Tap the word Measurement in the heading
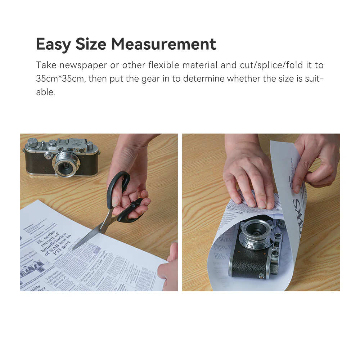pyautogui.click(x=163, y=44)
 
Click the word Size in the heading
pyautogui.click(x=91, y=44)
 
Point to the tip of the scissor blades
pyautogui.click(x=73, y=248)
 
